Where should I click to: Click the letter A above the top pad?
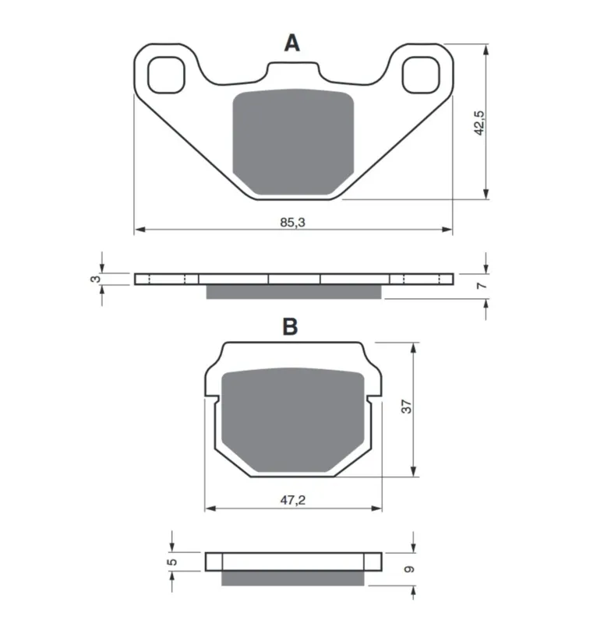pyautogui.click(x=291, y=43)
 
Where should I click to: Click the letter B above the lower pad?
pyautogui.click(x=290, y=326)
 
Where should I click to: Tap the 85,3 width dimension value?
pyautogui.click(x=292, y=223)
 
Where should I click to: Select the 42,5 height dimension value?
pyautogui.click(x=479, y=123)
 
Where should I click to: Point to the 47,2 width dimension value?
pyautogui.click(x=293, y=500)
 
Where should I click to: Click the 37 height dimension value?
pyautogui.click(x=406, y=407)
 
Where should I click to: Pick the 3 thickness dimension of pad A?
pyautogui.click(x=95, y=279)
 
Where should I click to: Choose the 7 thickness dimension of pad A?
pyautogui.click(x=482, y=285)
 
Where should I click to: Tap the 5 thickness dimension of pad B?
pyautogui.click(x=172, y=561)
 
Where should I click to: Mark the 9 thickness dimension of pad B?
pyautogui.click(x=409, y=569)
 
